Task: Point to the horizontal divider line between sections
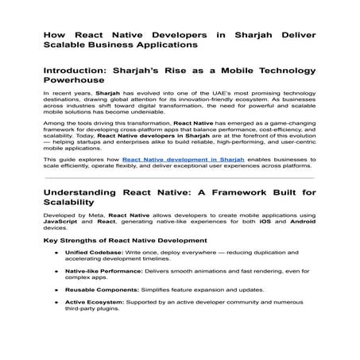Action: pyautogui.click(x=180, y=178)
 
